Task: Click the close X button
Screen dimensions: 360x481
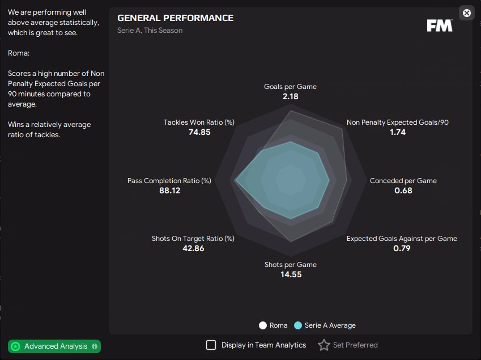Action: pos(466,13)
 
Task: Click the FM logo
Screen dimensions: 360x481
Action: pos(439,26)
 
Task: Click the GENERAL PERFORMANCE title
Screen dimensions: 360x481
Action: pos(175,18)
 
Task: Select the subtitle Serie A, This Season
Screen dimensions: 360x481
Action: pos(150,31)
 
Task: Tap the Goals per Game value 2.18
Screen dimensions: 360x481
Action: pos(290,96)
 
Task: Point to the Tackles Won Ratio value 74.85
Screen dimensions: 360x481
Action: pos(199,132)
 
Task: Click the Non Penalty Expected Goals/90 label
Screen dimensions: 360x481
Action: pos(397,122)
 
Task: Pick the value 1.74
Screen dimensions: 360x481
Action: pos(397,132)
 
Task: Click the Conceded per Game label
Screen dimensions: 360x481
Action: pos(403,181)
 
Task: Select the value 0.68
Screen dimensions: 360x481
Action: pos(403,190)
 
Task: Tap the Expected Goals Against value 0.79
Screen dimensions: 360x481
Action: pos(402,248)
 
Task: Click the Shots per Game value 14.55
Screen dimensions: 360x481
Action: pos(290,274)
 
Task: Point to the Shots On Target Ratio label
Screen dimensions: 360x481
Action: pos(193,239)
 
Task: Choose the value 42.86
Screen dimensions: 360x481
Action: pos(193,248)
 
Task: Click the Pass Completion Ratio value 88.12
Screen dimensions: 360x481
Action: pos(169,190)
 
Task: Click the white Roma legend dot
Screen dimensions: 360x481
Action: pos(262,325)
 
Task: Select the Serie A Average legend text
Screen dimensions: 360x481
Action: pos(330,325)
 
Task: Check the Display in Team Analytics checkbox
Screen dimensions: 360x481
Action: pos(211,345)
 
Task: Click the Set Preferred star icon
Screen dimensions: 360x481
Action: pos(323,345)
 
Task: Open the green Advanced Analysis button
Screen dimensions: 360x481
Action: pos(54,346)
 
